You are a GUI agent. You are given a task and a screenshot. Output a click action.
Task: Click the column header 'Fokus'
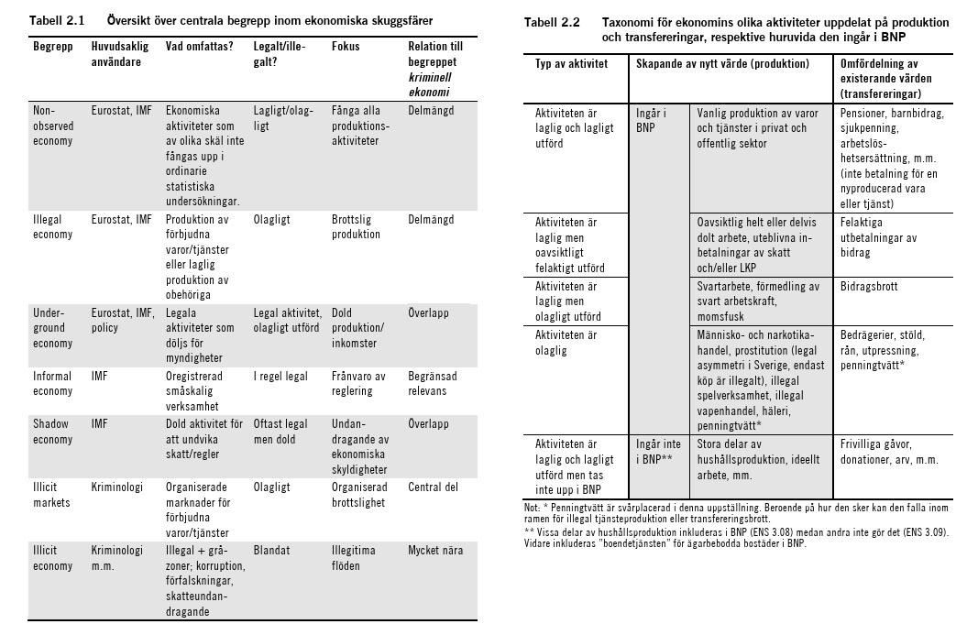346,46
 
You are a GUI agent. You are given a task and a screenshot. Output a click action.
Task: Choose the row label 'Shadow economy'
52,432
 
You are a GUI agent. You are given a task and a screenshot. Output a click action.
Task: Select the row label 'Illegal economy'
52,227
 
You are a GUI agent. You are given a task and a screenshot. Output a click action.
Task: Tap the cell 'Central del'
433,487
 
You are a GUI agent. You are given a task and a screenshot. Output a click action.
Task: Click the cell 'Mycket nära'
435,551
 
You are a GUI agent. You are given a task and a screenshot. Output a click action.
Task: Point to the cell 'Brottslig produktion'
356,227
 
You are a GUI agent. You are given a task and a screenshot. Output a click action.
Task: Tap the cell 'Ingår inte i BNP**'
658,451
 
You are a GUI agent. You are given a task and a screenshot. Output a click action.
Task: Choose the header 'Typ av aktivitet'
571,64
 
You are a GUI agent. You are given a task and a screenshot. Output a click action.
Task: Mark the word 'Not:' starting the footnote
532,507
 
